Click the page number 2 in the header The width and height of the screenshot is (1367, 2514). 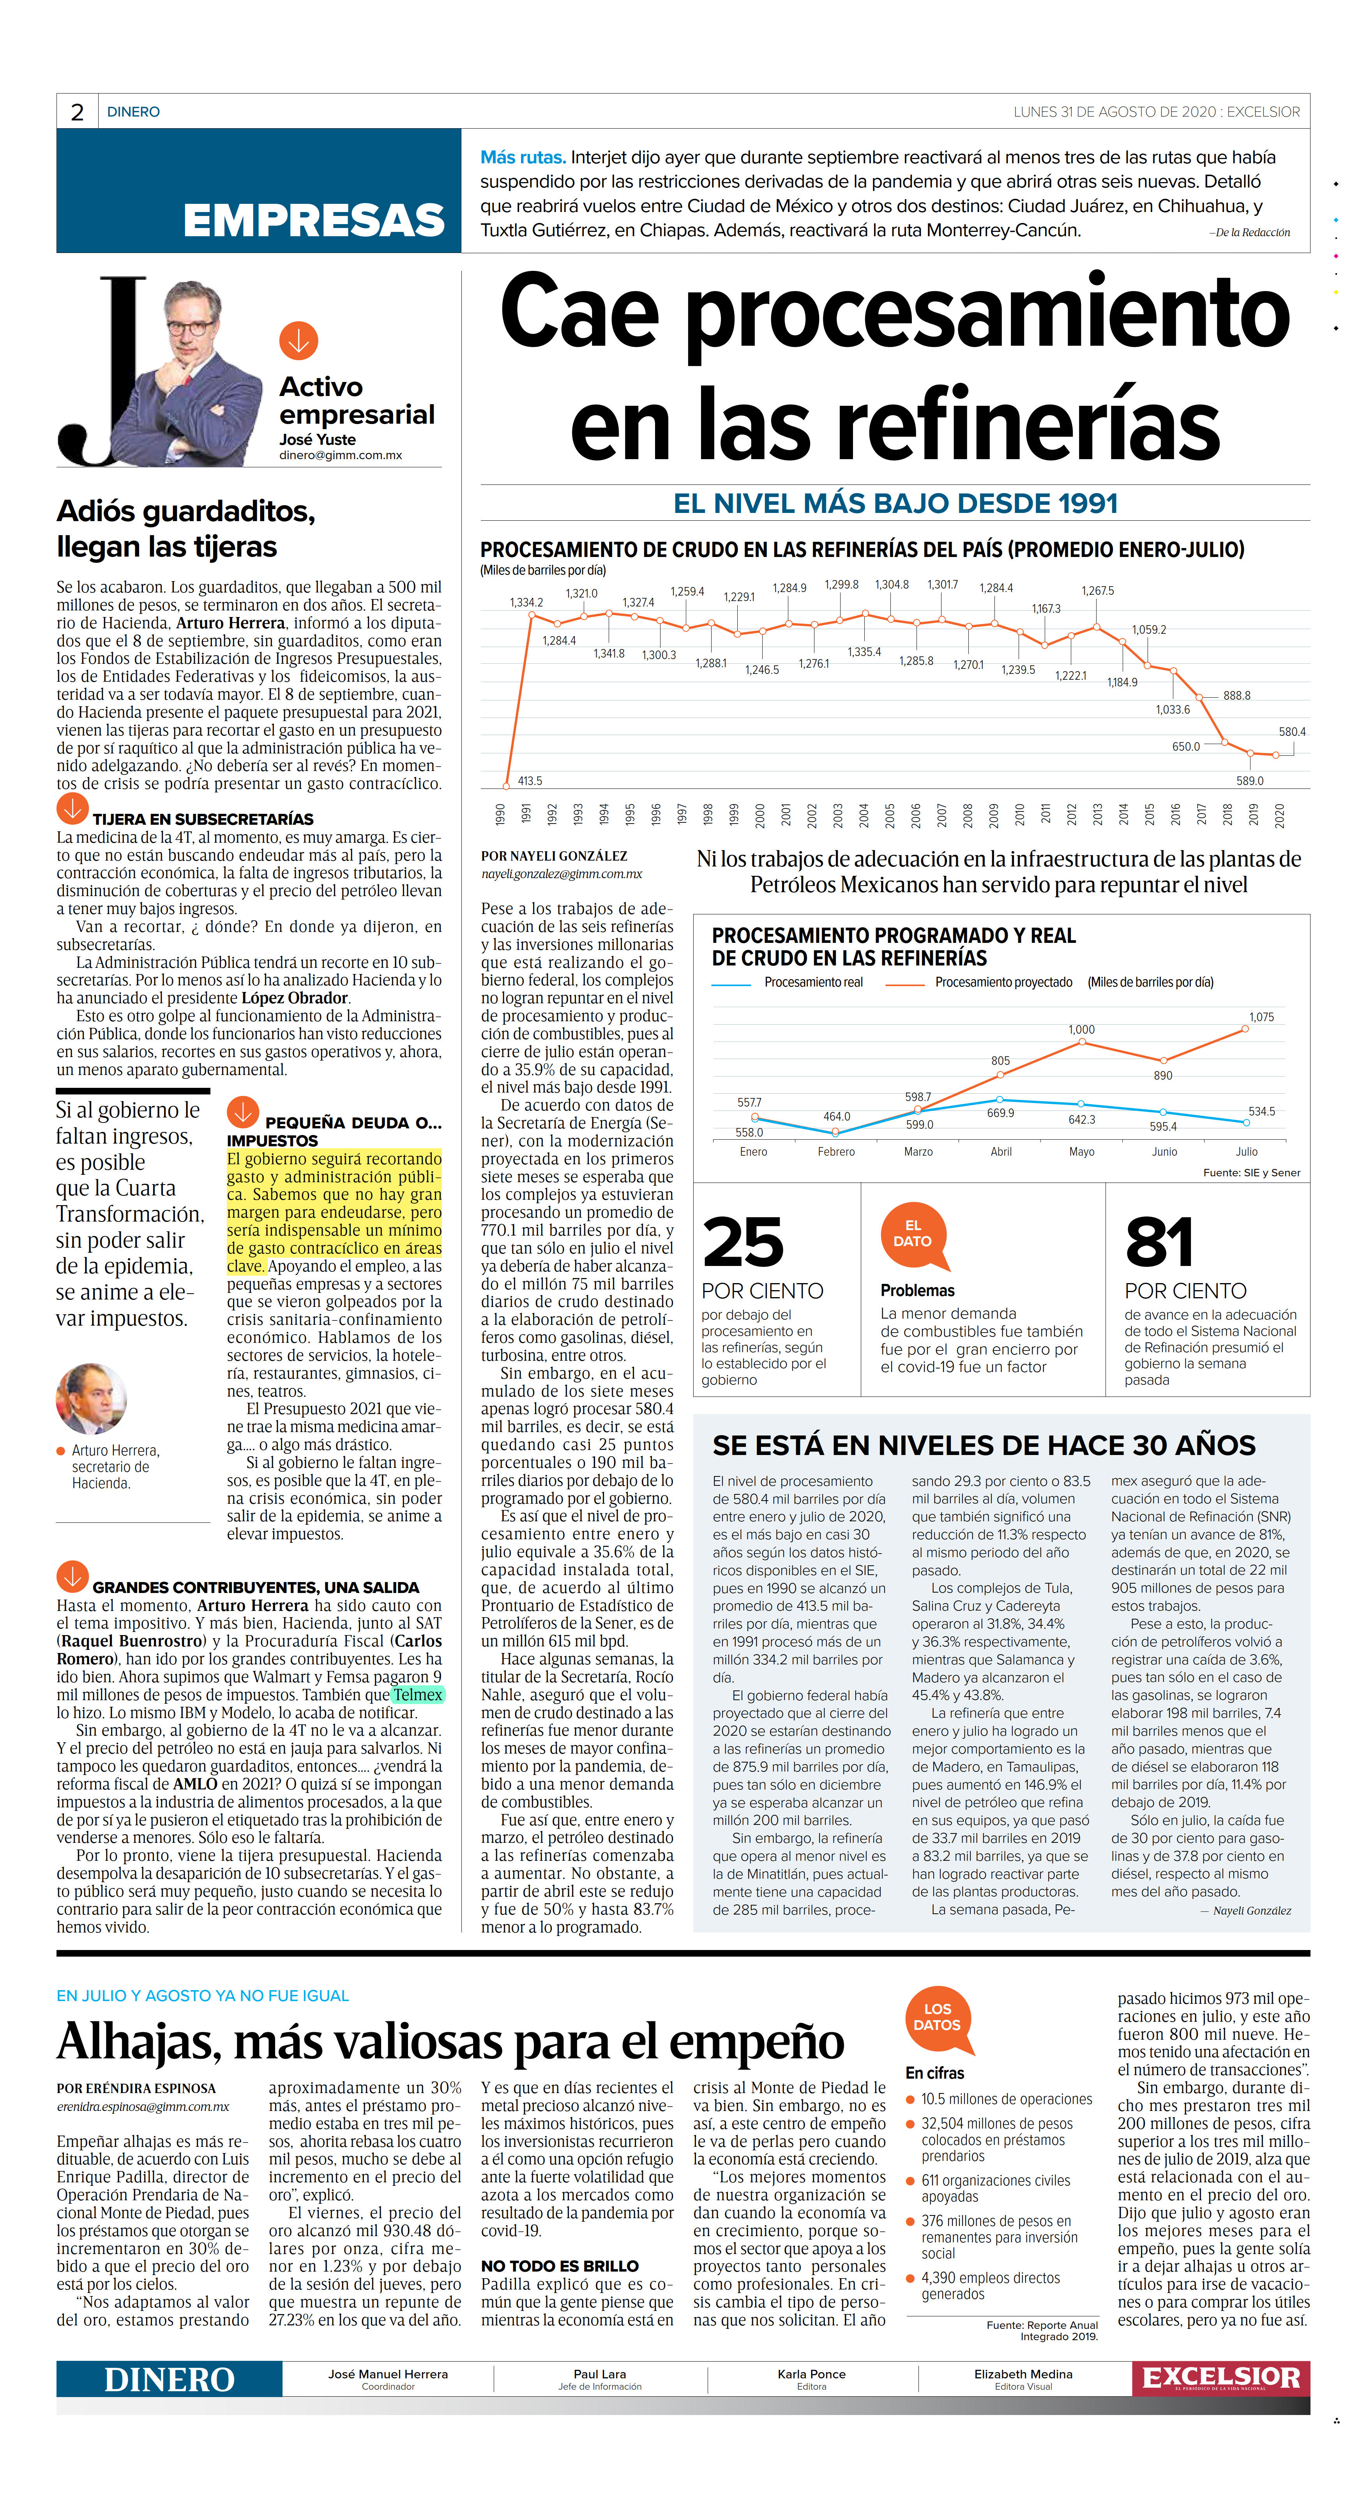[x=77, y=112]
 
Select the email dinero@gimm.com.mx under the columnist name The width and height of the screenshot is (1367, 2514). [x=341, y=455]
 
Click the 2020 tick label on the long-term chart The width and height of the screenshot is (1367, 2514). [x=1279, y=815]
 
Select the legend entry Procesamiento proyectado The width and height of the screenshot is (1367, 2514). [x=1003, y=982]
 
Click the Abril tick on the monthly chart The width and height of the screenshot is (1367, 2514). [x=1001, y=1152]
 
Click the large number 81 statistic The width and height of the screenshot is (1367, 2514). [x=1159, y=1242]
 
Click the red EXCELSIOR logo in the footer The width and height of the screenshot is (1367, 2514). [x=1220, y=2378]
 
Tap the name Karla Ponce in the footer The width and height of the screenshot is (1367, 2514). [x=811, y=2373]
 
